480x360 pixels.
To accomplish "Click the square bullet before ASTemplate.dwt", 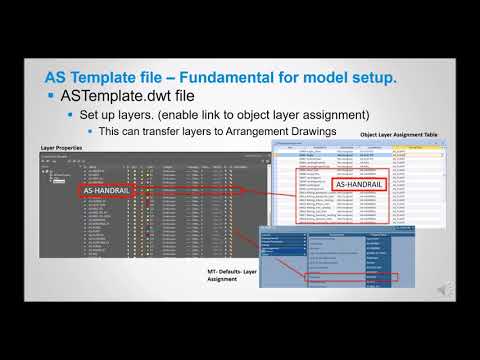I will [51, 97].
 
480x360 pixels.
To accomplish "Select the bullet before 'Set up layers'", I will [70, 116].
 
